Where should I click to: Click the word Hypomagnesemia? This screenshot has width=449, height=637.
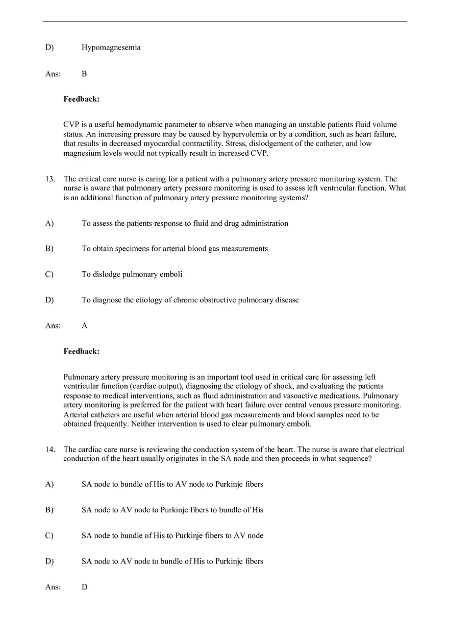[x=111, y=48]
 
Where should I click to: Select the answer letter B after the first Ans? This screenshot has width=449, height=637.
[x=84, y=74]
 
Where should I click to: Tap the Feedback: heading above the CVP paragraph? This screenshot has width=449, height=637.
[x=81, y=99]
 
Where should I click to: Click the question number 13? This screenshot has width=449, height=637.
[x=50, y=179]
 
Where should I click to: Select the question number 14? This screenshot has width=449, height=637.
[x=50, y=450]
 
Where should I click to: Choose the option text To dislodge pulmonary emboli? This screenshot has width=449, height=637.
[x=132, y=274]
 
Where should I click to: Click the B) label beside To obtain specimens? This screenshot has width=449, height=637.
[x=49, y=249]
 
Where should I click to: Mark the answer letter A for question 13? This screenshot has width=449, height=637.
[x=84, y=325]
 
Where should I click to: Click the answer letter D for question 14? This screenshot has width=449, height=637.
[x=84, y=587]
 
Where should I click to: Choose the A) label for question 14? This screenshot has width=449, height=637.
[x=49, y=484]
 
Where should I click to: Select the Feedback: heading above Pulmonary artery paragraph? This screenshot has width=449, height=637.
[x=81, y=351]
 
